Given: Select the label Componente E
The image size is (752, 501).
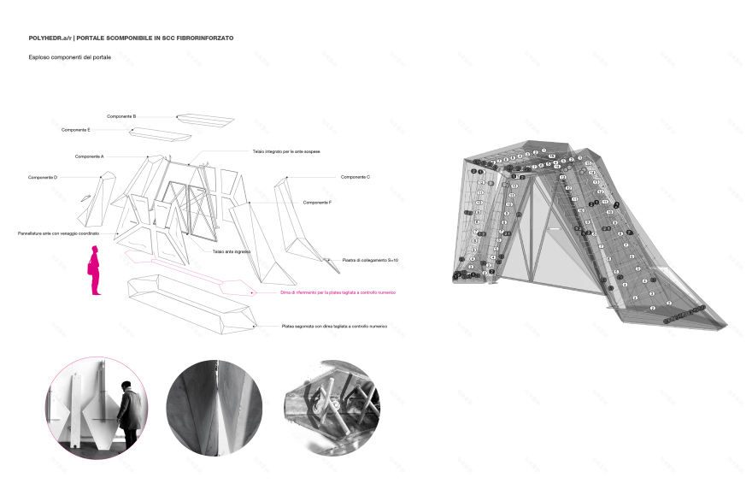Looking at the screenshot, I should pos(76,130).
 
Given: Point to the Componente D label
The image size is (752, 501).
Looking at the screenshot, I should pos(42,177).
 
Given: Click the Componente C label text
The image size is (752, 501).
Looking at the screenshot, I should pos(355,177).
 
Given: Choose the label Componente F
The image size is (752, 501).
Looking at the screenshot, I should pos(317,203).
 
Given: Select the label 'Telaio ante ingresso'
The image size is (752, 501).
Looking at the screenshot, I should pos(231,252).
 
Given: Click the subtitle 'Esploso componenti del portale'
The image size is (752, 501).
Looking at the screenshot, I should pos(70,57).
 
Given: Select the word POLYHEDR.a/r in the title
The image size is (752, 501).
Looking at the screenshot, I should pos(50,38).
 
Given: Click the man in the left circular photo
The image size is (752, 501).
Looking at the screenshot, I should pos(128,416).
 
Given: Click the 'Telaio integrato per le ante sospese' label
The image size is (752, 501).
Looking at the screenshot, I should pos(285,151).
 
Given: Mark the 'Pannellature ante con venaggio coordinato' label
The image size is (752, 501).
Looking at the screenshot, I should pos(59,233).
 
